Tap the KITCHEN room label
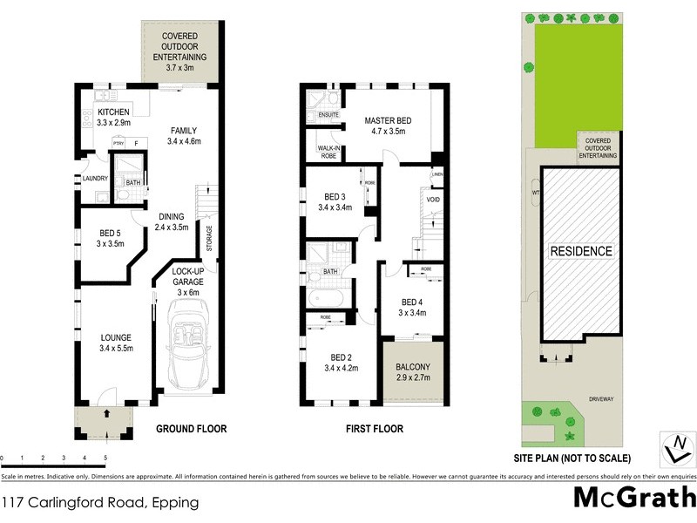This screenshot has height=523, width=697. pyautogui.click(x=113, y=113)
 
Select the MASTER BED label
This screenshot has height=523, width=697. pyautogui.click(x=387, y=120)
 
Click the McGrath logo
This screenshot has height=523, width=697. pyautogui.click(x=633, y=499)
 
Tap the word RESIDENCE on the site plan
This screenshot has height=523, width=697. pyautogui.click(x=580, y=251)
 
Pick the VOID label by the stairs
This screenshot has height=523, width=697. pyautogui.click(x=433, y=200)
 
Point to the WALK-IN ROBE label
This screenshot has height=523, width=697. pyautogui.click(x=328, y=153)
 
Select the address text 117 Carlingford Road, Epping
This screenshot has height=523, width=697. pyautogui.click(x=100, y=503)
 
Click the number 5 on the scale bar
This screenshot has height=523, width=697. pyautogui.click(x=105, y=457)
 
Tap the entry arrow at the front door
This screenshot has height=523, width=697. pyautogui.click(x=107, y=413)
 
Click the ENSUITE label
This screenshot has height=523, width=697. pyautogui.click(x=328, y=114)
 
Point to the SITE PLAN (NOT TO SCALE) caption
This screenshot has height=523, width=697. pyautogui.click(x=572, y=457)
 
